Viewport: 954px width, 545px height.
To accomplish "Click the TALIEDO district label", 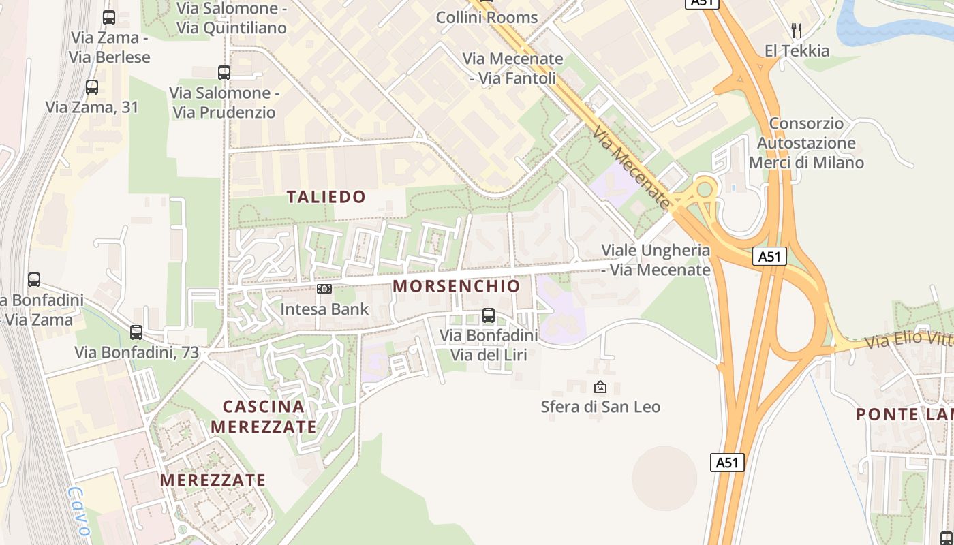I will (x=326, y=197).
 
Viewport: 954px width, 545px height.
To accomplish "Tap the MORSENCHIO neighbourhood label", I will (x=457, y=286).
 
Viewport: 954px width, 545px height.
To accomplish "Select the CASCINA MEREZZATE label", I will (x=264, y=417).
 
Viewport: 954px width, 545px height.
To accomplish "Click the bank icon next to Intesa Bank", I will (x=324, y=289).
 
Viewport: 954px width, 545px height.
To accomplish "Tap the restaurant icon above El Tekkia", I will (x=796, y=30).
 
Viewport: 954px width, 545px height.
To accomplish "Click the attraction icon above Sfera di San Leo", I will (x=600, y=387).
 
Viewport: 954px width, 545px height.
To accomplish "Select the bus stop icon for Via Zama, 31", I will (x=92, y=87).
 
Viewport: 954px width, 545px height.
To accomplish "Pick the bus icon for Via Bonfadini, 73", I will (x=136, y=332).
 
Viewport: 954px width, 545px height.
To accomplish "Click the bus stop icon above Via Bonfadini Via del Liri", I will (x=489, y=315).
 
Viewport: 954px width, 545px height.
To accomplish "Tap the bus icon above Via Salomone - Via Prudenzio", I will (x=224, y=72).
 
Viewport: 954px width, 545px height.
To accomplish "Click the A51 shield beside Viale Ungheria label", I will (x=770, y=256).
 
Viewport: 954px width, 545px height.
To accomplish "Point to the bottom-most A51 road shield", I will (x=727, y=463).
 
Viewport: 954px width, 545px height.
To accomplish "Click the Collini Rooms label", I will (x=487, y=17).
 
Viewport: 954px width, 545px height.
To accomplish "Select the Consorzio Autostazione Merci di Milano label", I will (x=806, y=143).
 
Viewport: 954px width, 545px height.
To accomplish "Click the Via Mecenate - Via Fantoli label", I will (x=513, y=68).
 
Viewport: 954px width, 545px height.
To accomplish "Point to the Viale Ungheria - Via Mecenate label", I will (x=656, y=260).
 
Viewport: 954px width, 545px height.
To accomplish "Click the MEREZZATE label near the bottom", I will (x=213, y=480).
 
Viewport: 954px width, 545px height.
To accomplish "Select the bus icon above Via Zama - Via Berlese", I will (x=109, y=18).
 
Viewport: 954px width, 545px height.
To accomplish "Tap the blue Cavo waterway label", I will (x=80, y=512).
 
